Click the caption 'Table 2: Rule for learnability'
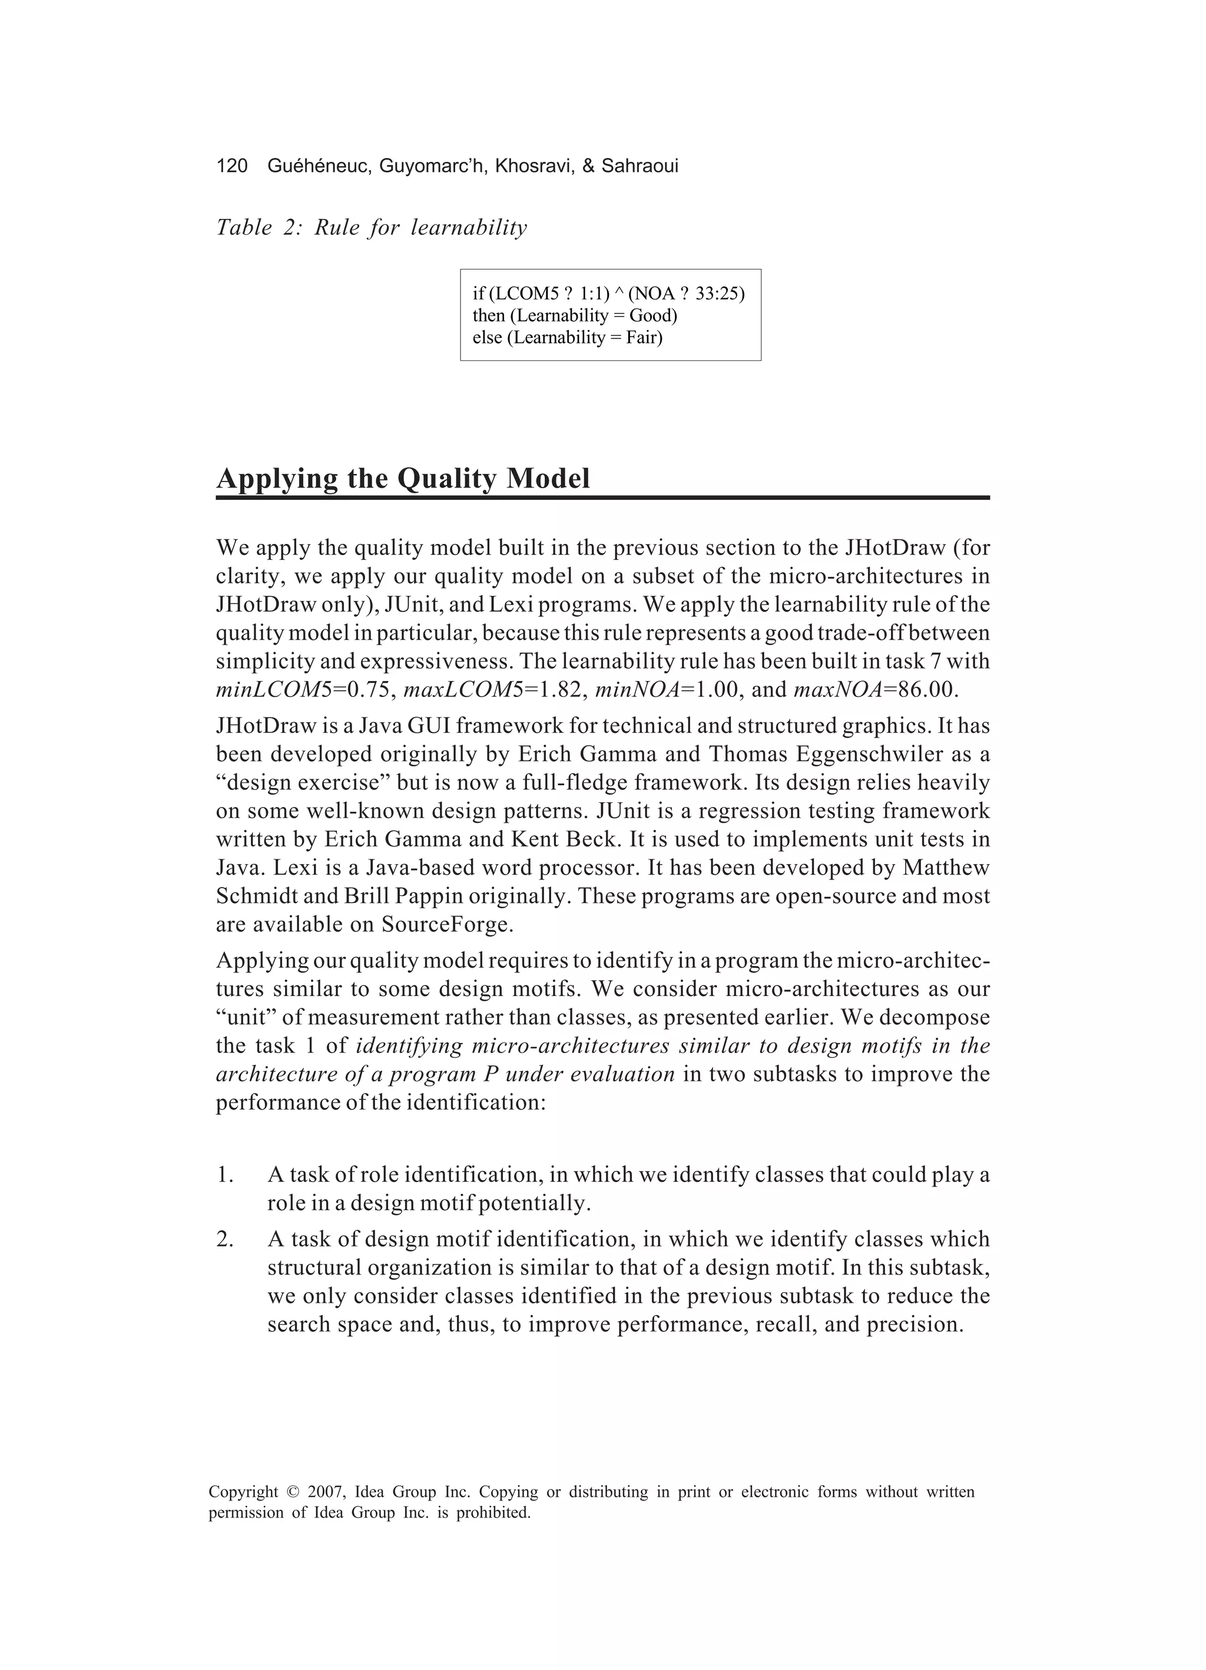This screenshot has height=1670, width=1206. [372, 228]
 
